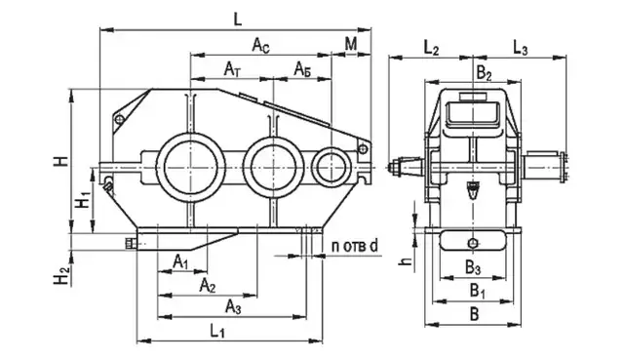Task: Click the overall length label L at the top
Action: pos(238,19)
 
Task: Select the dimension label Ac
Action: pos(261,45)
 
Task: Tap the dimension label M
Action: pos(351,44)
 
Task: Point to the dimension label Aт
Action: pos(232,69)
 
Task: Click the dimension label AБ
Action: pos(302,69)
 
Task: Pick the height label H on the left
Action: pos(62,161)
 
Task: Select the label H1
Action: pos(84,200)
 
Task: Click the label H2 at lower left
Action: pos(62,275)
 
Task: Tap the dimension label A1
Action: pos(180,262)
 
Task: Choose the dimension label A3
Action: pos(233,306)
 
